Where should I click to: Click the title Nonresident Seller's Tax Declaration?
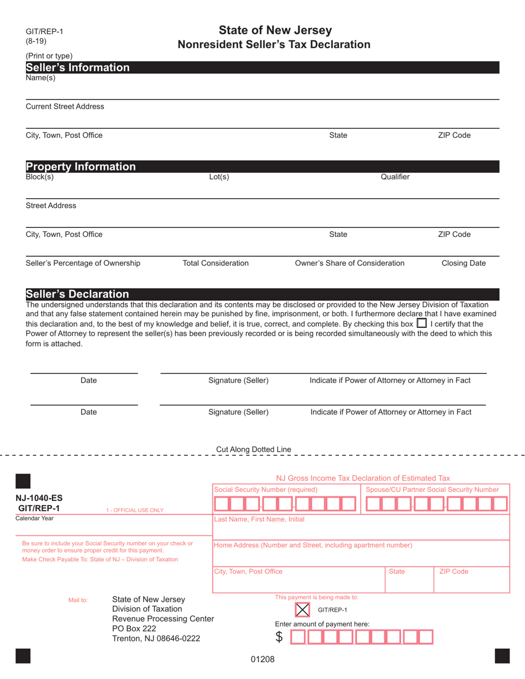click(274, 44)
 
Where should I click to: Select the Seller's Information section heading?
click(78, 68)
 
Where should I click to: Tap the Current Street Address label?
click(65, 106)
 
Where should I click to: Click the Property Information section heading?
click(81, 167)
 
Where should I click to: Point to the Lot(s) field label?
click(219, 177)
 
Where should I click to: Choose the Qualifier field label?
click(395, 177)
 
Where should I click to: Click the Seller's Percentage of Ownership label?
click(83, 263)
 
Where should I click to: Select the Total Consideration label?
click(216, 263)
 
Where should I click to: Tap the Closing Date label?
click(464, 263)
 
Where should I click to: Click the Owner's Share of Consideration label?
click(350, 263)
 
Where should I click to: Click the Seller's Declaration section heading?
click(77, 294)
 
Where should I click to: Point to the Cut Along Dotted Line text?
click(254, 449)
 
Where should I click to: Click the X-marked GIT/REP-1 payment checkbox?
click(302, 609)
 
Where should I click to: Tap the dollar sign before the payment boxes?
click(280, 637)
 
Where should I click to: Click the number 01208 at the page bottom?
click(263, 659)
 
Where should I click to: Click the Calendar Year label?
click(35, 518)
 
